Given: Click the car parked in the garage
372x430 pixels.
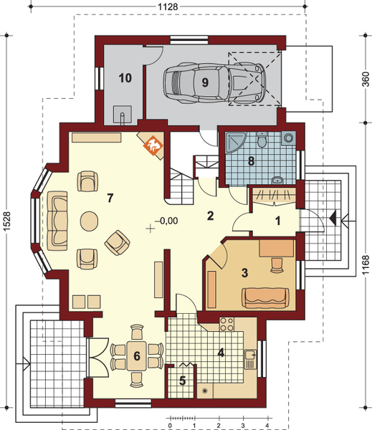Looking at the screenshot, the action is coord(214,83).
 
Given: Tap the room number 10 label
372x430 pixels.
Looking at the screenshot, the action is coord(125,78).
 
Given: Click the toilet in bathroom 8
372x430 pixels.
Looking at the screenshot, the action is coord(262,139).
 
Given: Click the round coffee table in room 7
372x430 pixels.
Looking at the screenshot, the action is coord(89,221).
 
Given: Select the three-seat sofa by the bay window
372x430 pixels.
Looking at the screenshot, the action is coord(57,221).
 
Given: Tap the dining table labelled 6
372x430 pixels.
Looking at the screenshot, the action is coord(136,355).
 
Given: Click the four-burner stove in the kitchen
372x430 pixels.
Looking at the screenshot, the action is coord(226,324).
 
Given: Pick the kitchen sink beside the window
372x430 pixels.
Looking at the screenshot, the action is coord(250,359).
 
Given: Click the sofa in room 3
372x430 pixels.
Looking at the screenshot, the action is coord(265,298).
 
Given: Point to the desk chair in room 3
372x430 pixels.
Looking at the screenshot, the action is coord(277,265).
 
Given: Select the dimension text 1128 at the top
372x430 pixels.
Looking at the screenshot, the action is coord(168,6).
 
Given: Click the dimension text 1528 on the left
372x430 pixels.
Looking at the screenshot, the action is coord(6,221).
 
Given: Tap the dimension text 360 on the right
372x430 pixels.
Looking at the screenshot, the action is coord(366,79).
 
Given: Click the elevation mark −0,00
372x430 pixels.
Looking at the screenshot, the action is coord(166,221).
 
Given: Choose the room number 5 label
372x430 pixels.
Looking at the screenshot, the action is coord(183,381).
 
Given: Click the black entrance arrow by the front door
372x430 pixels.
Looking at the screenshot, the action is coord(333,219).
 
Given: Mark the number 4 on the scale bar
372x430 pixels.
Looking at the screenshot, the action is coord(267,426).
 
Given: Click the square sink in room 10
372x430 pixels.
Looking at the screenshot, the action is coord(123,115).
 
